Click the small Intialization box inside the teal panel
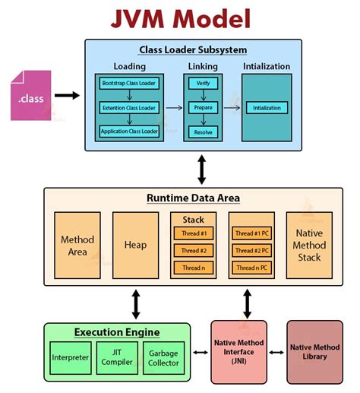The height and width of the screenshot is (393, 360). (x=266, y=107)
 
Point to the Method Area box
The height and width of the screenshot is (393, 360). (x=77, y=244)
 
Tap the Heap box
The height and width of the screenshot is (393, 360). (x=134, y=244)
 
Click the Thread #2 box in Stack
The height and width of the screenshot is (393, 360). (x=194, y=250)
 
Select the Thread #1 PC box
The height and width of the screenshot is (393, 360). (x=252, y=233)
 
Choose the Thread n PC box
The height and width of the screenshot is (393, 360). (x=252, y=267)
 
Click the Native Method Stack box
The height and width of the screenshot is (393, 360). (x=308, y=244)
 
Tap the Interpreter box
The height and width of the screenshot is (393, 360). (x=70, y=357)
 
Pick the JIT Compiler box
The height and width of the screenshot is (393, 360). (x=117, y=357)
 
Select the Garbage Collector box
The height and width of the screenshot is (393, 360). (x=163, y=357)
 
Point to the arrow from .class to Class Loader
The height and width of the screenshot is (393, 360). (x=67, y=95)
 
